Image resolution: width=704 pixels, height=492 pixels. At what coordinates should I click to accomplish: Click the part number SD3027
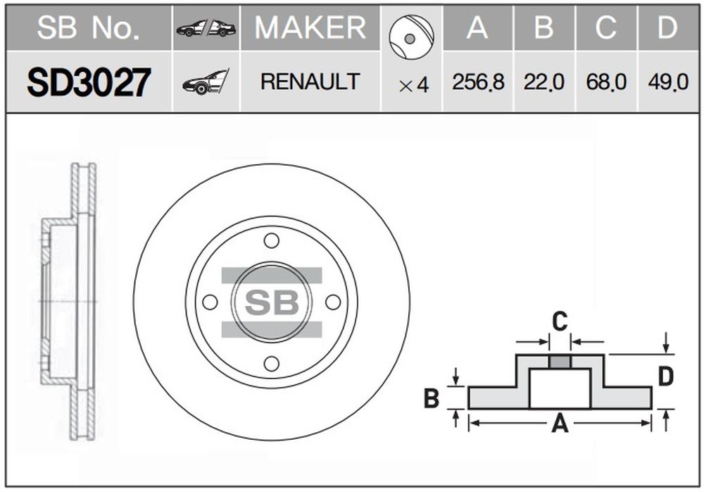point(89,82)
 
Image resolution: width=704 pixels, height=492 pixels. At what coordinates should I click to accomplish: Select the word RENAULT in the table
point(310,81)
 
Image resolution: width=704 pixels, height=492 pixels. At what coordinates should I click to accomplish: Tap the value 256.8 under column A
point(478,82)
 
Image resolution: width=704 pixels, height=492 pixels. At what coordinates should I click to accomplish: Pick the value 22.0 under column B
point(543,82)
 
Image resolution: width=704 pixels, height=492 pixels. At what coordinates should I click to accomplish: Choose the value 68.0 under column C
point(606,82)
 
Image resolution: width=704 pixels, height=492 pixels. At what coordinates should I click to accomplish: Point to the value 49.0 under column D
point(668,82)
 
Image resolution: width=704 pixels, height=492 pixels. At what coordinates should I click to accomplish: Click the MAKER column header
point(310,27)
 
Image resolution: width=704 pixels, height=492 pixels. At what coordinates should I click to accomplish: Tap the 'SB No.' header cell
point(89,27)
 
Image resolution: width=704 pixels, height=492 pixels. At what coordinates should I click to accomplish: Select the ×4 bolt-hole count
point(414,85)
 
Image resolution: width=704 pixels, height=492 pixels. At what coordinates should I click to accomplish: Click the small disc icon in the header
point(411,37)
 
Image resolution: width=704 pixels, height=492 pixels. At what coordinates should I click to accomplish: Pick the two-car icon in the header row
point(206,28)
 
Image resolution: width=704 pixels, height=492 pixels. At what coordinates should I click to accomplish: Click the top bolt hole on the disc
point(272,240)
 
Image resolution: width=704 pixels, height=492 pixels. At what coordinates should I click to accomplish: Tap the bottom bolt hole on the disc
point(272,364)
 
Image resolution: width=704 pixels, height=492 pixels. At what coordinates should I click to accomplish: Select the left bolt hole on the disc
point(210,302)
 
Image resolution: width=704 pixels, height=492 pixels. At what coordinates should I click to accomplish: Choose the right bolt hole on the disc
point(333,302)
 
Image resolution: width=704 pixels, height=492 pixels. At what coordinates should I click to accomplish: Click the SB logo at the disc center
point(272,302)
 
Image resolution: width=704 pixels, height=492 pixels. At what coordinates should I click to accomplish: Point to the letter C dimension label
point(560,321)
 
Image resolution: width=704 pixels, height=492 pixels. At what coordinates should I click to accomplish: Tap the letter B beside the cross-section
point(432,398)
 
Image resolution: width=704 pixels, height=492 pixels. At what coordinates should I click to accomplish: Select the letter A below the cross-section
point(560,423)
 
